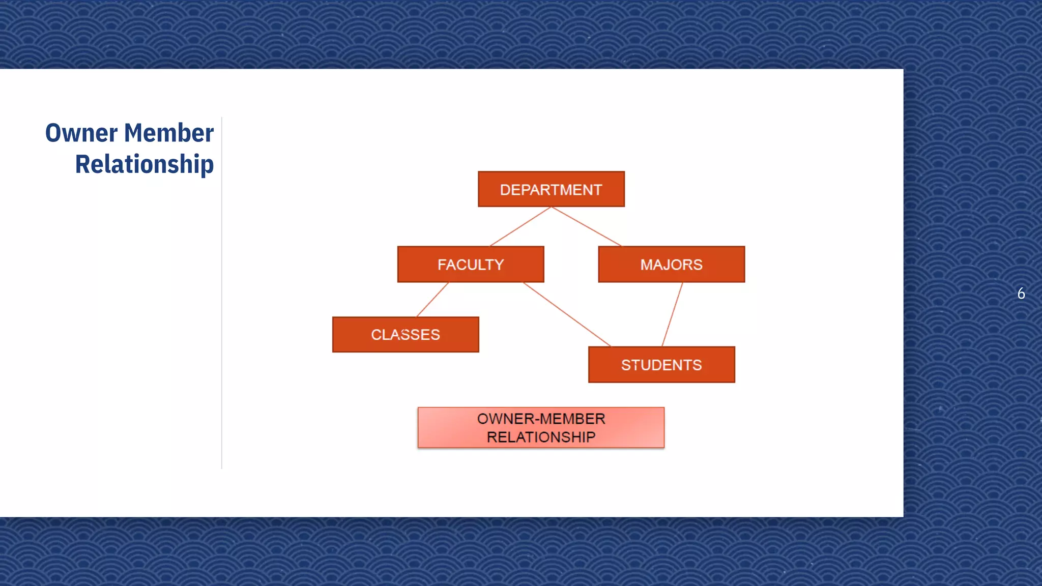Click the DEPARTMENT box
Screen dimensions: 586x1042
pyautogui.click(x=551, y=189)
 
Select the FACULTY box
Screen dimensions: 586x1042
pyautogui.click(x=471, y=265)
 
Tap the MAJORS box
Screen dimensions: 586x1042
pyautogui.click(x=671, y=265)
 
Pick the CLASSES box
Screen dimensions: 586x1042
pyautogui.click(x=406, y=335)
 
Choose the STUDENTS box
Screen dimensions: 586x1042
pyautogui.click(x=661, y=365)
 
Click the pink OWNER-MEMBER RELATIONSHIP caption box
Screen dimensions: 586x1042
pyautogui.click(x=541, y=428)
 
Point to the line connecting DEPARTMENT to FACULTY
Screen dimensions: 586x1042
pyautogui.click(x=520, y=226)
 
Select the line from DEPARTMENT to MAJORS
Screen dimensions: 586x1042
pyautogui.click(x=586, y=226)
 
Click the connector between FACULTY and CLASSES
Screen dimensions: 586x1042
pyautogui.click(x=432, y=300)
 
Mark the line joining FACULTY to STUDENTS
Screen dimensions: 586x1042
pyautogui.click(x=567, y=314)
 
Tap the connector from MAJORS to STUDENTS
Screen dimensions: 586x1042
pyautogui.click(x=672, y=314)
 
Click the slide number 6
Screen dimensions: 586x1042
pyautogui.click(x=1021, y=294)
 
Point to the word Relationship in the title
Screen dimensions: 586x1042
pyautogui.click(x=144, y=165)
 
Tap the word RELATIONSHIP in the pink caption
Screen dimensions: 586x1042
pyautogui.click(x=541, y=437)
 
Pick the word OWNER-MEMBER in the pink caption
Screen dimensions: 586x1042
pyautogui.click(x=541, y=419)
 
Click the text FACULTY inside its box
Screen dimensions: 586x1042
pyautogui.click(x=471, y=265)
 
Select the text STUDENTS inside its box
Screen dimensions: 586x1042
pyautogui.click(x=661, y=365)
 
